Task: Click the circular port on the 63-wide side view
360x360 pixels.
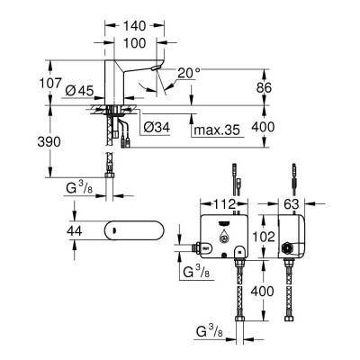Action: click(x=289, y=246)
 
